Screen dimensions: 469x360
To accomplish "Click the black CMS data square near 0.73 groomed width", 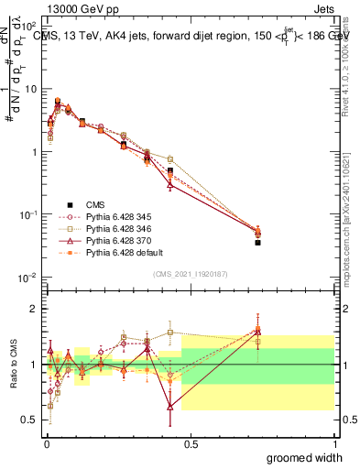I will [x=257, y=243].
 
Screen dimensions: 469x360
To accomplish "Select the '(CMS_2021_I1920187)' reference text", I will [x=191, y=272].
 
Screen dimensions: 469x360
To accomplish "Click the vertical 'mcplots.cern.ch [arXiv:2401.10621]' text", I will [x=350, y=220].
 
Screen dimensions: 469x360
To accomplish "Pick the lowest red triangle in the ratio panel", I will [x=170, y=407].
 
